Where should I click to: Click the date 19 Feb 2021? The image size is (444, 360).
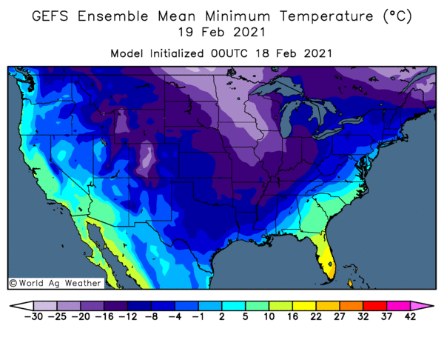tap(222, 34)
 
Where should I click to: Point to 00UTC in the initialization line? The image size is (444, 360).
tap(238, 54)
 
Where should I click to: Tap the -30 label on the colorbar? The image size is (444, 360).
tap(34, 317)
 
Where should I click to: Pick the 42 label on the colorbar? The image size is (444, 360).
tap(409, 317)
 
